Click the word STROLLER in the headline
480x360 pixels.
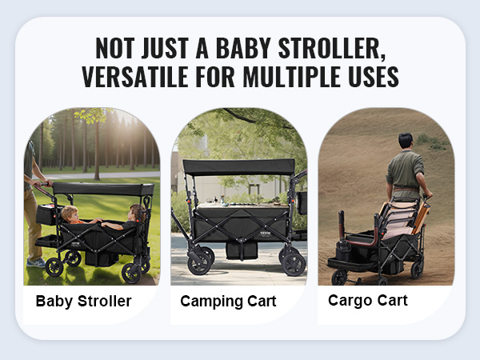pyautogui.click(x=332, y=48)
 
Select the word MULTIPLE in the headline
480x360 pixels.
pyautogui.click(x=292, y=77)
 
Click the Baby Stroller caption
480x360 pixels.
pyautogui.click(x=83, y=301)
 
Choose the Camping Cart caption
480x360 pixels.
pyautogui.click(x=228, y=302)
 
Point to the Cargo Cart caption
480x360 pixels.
pyautogui.click(x=368, y=300)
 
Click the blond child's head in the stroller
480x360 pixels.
pyautogui.click(x=70, y=214)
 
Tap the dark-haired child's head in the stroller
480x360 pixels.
pyautogui.click(x=137, y=212)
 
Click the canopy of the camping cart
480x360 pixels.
pyautogui.click(x=238, y=167)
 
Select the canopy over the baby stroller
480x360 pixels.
pyautogui.click(x=103, y=189)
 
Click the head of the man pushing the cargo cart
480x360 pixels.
pyautogui.click(x=406, y=141)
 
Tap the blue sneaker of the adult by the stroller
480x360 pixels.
pyautogui.click(x=36, y=262)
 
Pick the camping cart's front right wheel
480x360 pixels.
pyautogui.click(x=294, y=264)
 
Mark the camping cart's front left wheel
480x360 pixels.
pyautogui.click(x=199, y=263)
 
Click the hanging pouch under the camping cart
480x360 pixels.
pyautogui.click(x=242, y=250)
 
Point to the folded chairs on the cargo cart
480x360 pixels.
pyautogui.click(x=403, y=218)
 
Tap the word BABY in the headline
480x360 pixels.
pyautogui.click(x=243, y=48)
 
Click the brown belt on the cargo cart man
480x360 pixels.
pyautogui.click(x=406, y=190)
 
